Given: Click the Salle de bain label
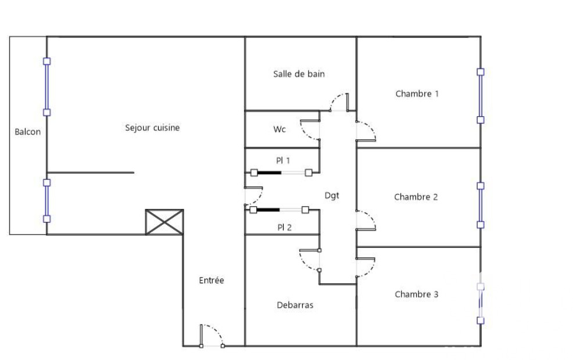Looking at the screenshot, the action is (299, 74).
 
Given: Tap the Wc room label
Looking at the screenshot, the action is (279, 129).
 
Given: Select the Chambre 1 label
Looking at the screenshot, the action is (417, 94).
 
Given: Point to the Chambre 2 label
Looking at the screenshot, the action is (416, 197).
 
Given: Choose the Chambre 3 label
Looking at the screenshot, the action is (417, 294).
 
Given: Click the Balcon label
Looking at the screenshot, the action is (28, 132).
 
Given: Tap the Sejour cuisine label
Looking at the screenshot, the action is (152, 128).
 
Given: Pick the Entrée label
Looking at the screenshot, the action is (212, 280).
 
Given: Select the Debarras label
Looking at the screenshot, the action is (295, 305).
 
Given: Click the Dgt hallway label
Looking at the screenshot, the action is (332, 196).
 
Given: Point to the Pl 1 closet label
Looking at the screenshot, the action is (283, 160).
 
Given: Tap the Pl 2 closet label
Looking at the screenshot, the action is (284, 228).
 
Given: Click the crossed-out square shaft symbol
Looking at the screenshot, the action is (164, 222).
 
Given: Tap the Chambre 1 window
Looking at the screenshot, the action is (481, 96).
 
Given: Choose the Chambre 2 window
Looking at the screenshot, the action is (481, 205).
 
